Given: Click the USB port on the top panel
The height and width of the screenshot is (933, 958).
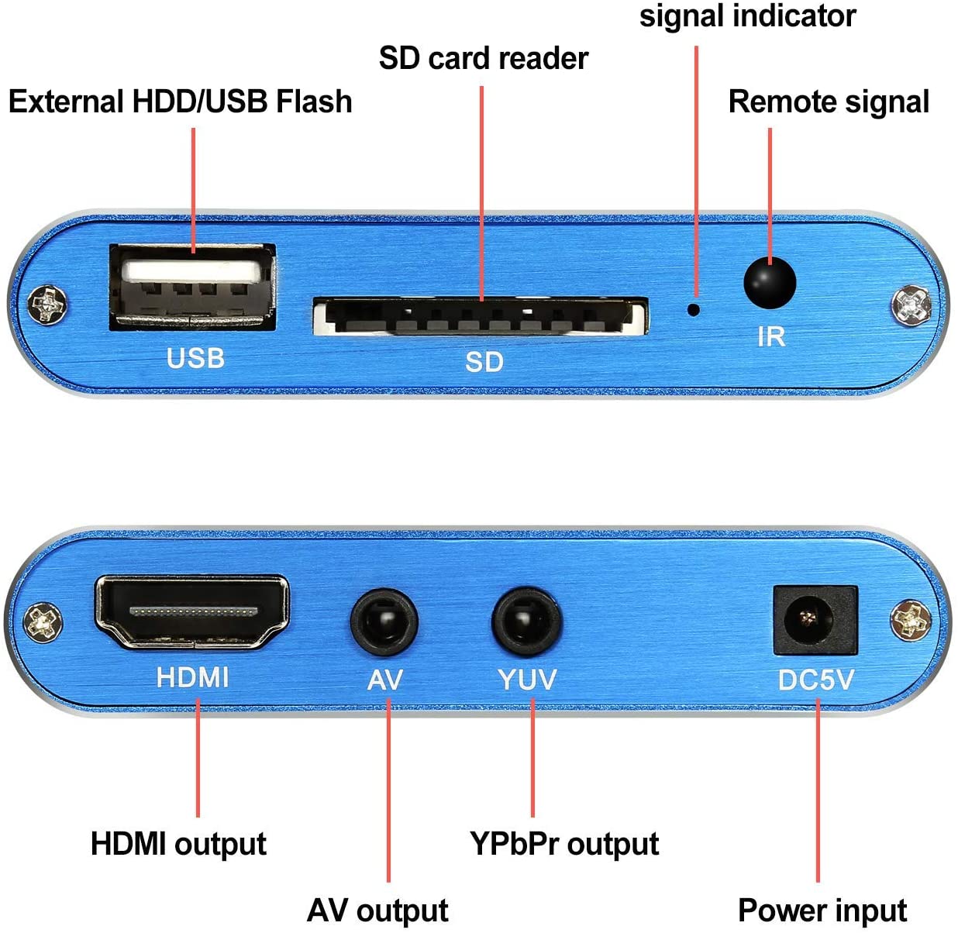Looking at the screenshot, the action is [x=192, y=287].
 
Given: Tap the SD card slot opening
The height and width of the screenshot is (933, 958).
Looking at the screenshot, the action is [x=481, y=316].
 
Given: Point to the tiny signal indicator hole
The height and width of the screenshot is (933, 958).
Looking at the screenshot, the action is [x=694, y=309].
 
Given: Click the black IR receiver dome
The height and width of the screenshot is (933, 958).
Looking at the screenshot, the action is [x=770, y=283].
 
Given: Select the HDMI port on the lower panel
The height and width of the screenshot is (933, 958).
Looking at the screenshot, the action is [x=192, y=611].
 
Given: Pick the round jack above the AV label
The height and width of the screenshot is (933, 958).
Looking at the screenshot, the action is [x=384, y=622].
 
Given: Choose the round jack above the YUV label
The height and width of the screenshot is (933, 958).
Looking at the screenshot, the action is [x=527, y=622].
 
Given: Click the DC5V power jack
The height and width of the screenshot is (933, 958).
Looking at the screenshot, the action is [x=815, y=619].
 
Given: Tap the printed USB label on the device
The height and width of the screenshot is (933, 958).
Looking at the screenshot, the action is [x=195, y=358].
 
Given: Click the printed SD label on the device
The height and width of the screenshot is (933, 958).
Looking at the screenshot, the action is [x=484, y=362].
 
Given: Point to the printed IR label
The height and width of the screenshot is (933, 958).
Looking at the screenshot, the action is [x=771, y=337].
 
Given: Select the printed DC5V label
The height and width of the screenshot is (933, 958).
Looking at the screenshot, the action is [x=815, y=680].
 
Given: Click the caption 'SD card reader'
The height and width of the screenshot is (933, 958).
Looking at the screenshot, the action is [x=484, y=59].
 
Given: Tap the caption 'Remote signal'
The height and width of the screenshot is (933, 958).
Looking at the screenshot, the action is [x=829, y=102].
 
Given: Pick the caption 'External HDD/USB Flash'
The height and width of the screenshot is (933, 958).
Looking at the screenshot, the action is [x=180, y=102].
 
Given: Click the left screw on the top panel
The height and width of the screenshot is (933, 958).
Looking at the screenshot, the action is [x=47, y=305].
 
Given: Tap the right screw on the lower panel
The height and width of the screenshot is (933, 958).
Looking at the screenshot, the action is [x=911, y=621].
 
